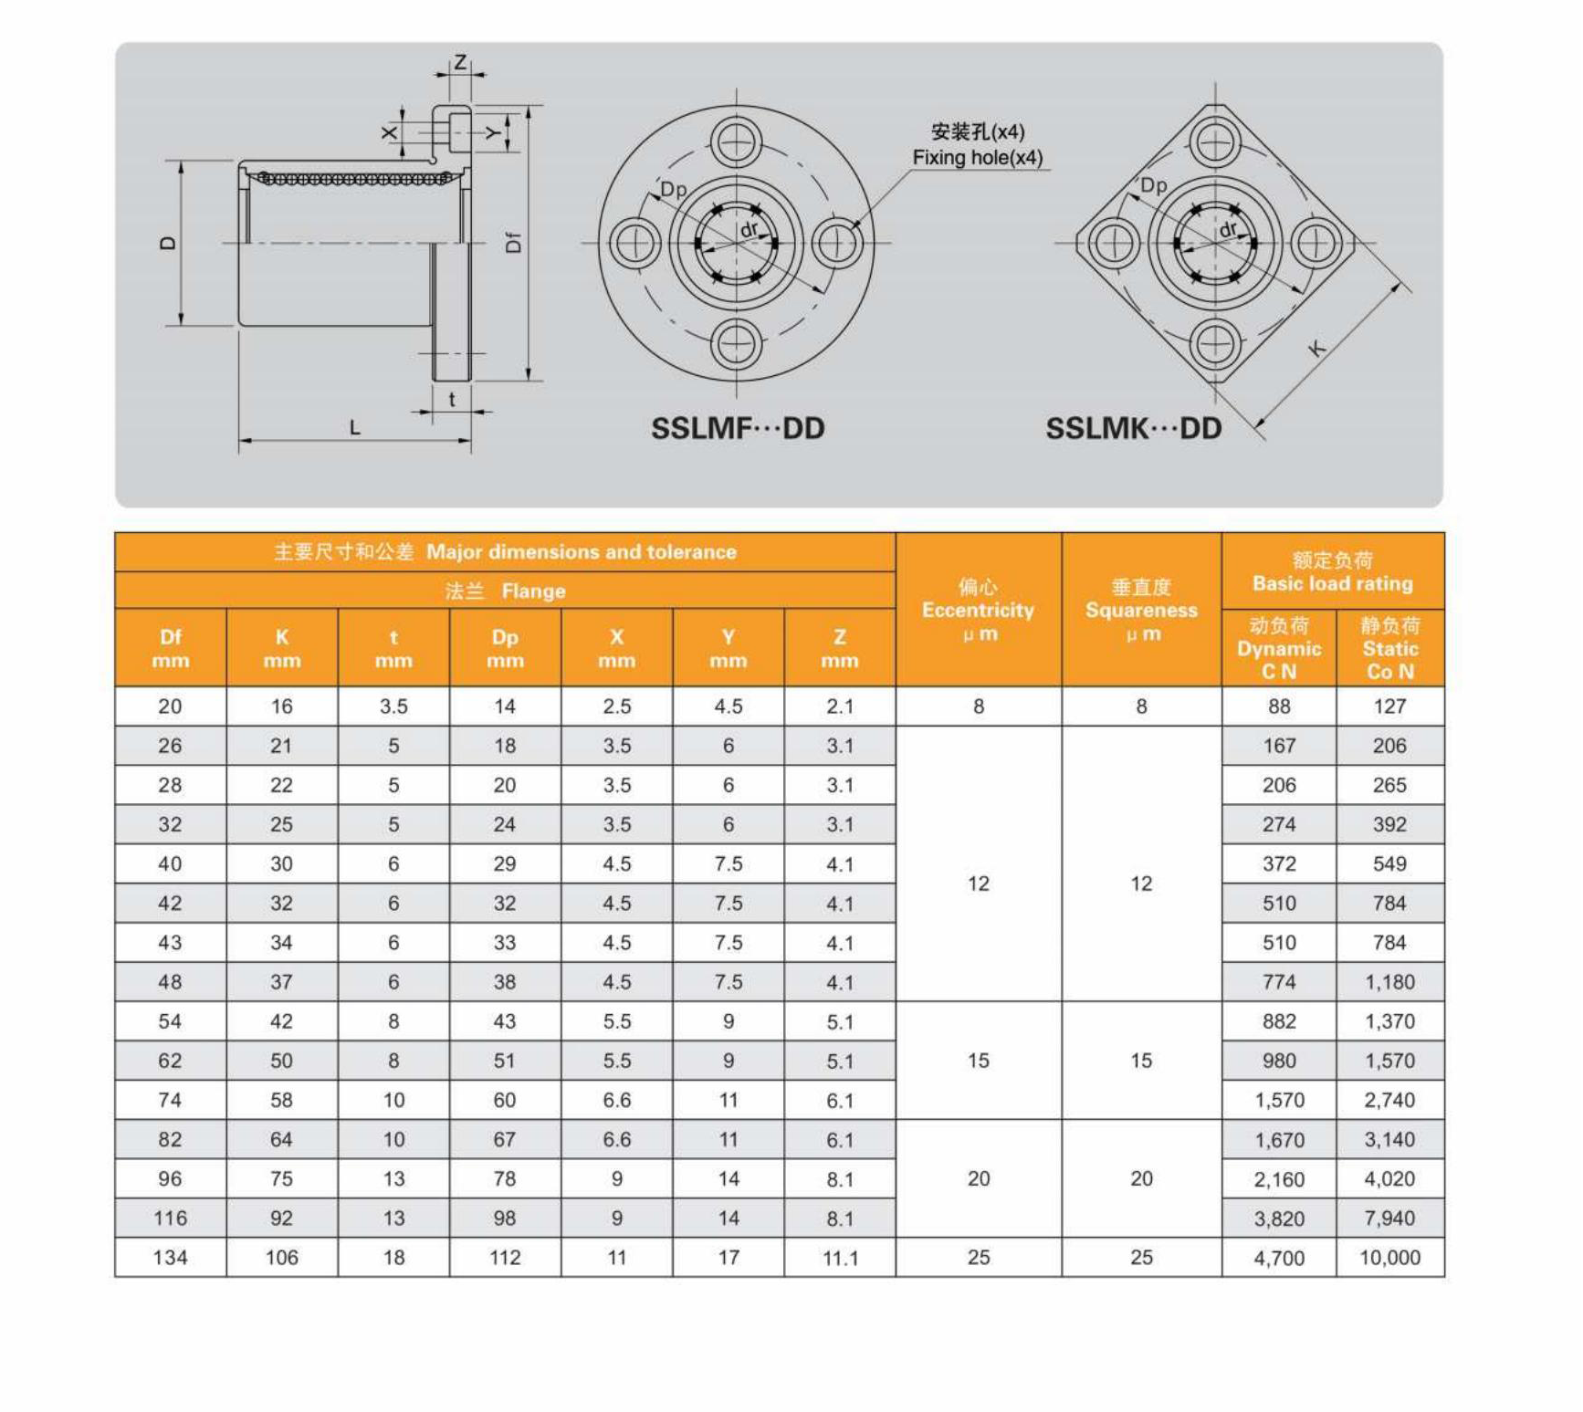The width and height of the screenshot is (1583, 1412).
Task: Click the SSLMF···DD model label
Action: [737, 428]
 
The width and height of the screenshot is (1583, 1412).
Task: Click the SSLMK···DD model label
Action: [1133, 428]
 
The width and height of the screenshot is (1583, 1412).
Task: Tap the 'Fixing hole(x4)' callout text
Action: [977, 158]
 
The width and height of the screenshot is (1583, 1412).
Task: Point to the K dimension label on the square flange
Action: [1316, 348]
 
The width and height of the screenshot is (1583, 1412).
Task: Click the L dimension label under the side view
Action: [355, 427]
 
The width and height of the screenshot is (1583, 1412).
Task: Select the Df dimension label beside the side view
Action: [513, 242]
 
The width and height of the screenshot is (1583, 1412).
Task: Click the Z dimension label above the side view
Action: [460, 62]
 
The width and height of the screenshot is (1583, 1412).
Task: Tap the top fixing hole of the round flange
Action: [736, 141]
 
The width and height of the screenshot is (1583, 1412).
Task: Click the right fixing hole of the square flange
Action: [1316, 243]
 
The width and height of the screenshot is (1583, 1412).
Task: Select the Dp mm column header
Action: [505, 648]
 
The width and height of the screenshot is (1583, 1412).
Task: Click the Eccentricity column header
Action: [978, 610]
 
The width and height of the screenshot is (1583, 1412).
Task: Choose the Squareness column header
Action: [1141, 610]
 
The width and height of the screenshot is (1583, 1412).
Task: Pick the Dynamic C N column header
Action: [1279, 649]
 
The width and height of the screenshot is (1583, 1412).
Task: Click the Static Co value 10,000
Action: [1389, 1258]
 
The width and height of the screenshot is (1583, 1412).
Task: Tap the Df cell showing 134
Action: [170, 1258]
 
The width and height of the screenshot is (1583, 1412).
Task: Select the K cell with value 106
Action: [281, 1258]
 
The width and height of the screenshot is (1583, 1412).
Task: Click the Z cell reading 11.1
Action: [840, 1259]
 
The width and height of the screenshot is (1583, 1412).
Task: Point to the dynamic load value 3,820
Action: [1279, 1219]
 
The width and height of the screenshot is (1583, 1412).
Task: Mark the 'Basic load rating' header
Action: [1332, 583]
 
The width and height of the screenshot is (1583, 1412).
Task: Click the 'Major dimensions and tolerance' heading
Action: [581, 552]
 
